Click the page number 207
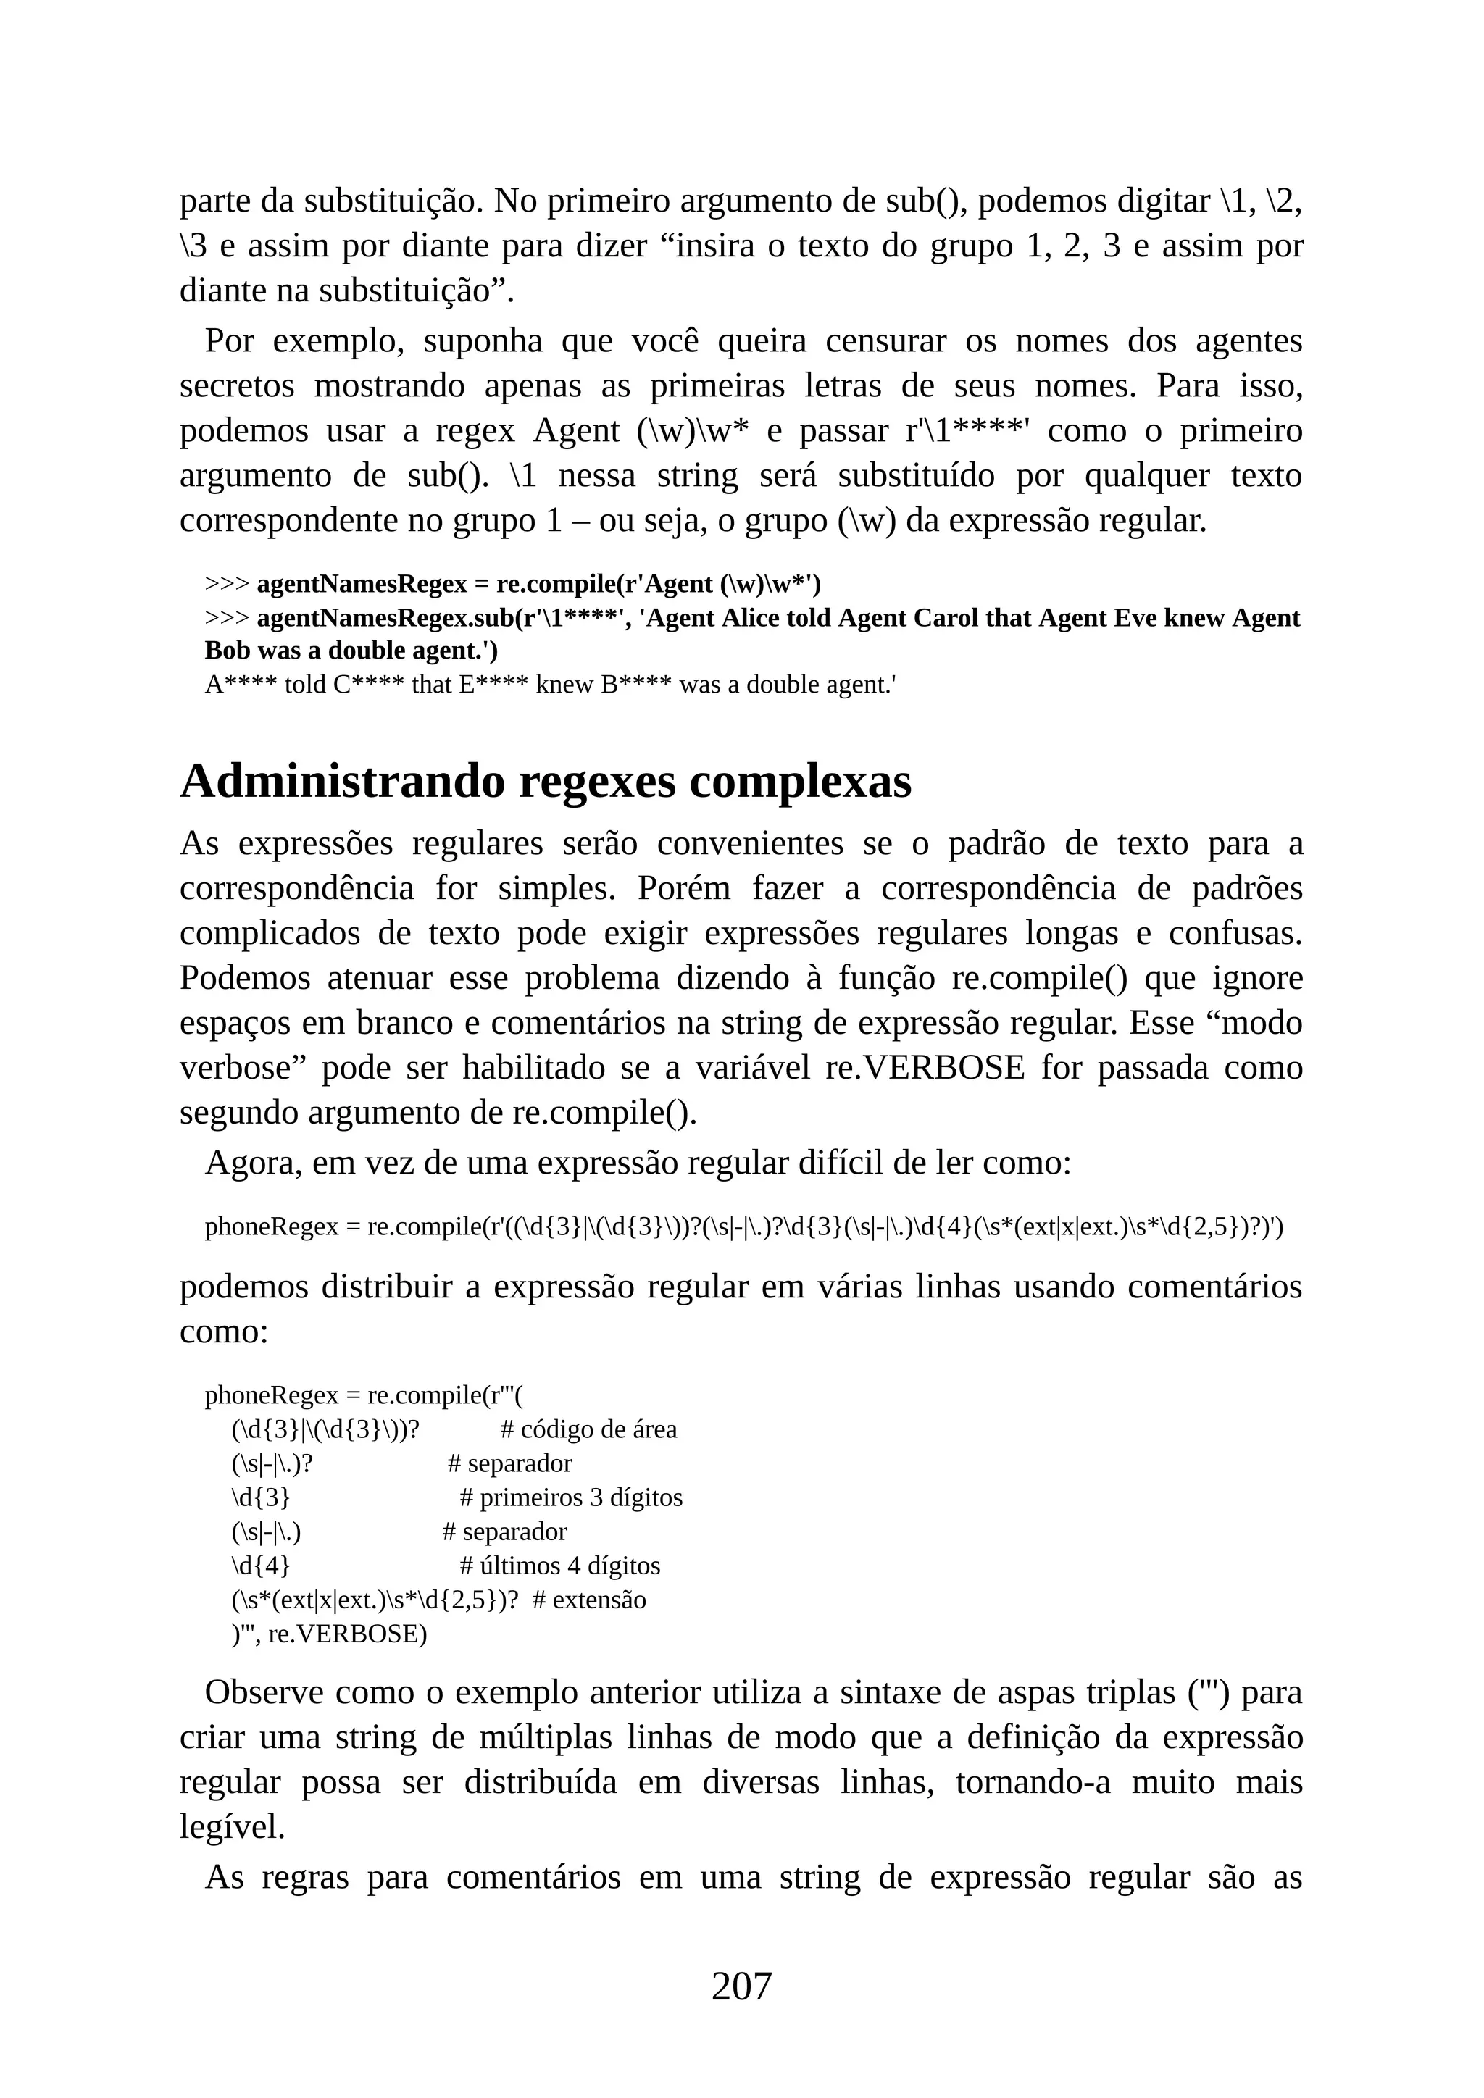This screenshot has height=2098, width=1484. pos(741,1986)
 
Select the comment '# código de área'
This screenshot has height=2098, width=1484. pos(589,1429)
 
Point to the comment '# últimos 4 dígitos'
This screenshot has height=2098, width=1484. pos(559,1566)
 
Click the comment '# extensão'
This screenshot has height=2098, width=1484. pos(588,1600)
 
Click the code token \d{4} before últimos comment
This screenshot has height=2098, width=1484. pos(260,1566)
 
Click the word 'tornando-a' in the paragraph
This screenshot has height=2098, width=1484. pos(1033,1782)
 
